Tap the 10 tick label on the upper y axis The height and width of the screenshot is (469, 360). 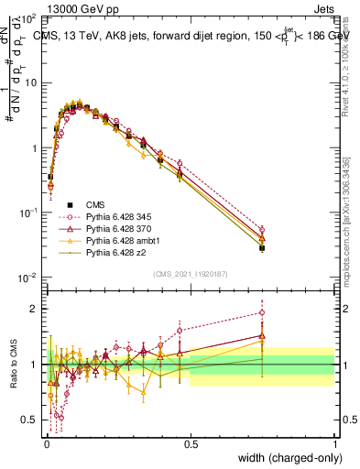pos(32,82)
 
